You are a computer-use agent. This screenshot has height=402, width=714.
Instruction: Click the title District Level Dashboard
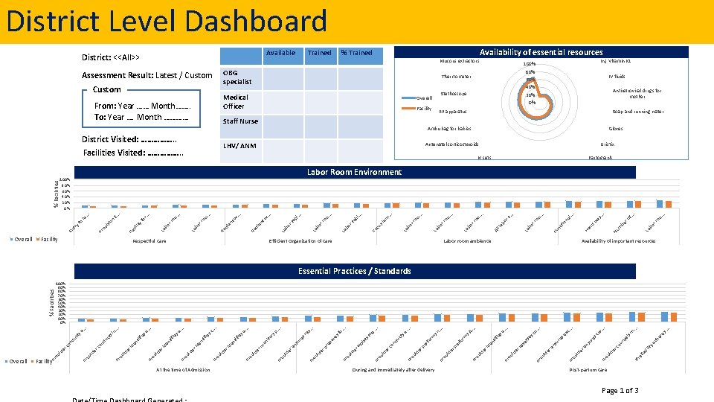point(167,21)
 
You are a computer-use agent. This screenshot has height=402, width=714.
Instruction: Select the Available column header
point(280,53)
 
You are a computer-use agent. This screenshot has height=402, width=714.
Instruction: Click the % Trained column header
point(356,53)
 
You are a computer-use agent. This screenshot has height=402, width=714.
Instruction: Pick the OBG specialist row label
point(238,77)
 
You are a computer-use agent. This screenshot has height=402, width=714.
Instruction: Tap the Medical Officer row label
point(236,101)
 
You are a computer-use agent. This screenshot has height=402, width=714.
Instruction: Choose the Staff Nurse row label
point(240,121)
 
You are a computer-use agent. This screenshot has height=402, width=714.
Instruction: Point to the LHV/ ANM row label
point(239,145)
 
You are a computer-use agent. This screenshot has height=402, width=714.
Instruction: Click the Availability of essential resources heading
point(541,52)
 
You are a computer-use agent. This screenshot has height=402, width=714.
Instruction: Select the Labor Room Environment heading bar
point(354,172)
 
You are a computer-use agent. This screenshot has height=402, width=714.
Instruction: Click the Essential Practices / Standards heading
point(354,271)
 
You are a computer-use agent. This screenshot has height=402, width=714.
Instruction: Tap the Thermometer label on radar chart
point(456,77)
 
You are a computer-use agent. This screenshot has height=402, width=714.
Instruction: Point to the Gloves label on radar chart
point(615,128)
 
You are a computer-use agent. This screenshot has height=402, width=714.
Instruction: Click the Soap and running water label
point(637,112)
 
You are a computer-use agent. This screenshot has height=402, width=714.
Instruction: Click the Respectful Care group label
point(149,241)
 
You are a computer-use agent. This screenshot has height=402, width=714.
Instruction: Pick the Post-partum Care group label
point(588,370)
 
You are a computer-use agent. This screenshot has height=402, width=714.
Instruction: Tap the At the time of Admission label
point(182,370)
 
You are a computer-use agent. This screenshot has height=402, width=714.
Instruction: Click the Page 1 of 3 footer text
point(620,391)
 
